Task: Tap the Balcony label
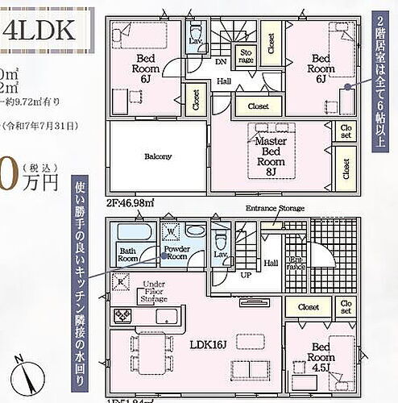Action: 157,156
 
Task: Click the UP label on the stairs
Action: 245,275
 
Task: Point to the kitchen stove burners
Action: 123,315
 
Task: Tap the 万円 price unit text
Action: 40,182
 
